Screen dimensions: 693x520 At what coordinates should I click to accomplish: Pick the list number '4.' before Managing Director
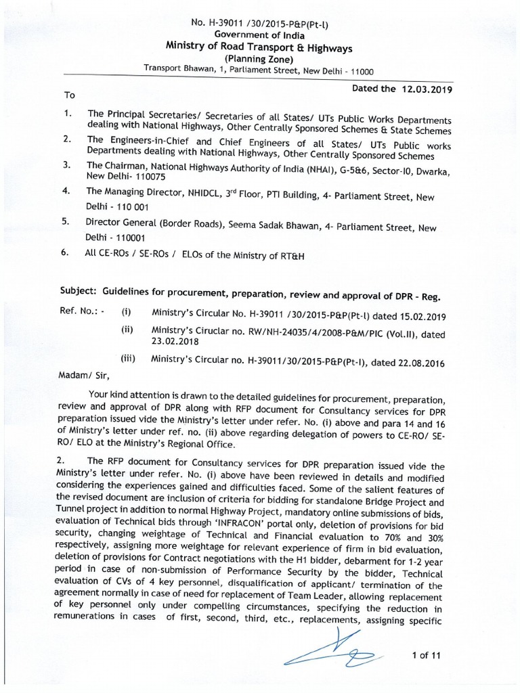click(x=66, y=191)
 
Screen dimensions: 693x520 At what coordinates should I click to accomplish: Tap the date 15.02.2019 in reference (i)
click(x=416, y=315)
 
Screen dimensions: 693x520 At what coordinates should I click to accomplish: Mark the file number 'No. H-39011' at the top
click(x=217, y=22)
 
